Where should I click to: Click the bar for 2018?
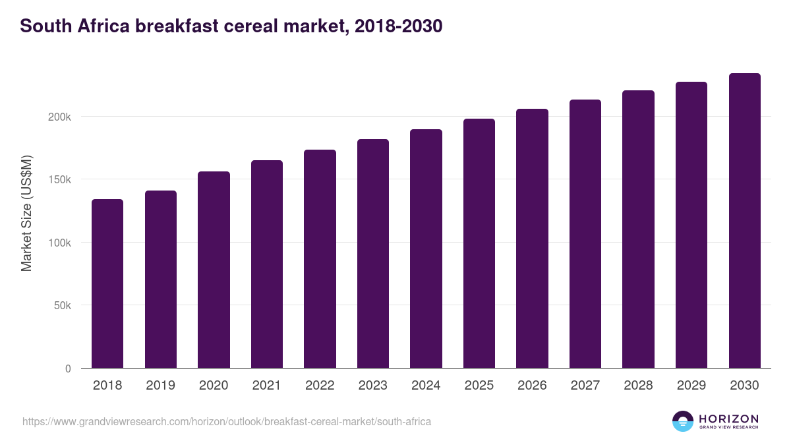[x=107, y=283]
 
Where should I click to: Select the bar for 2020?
[x=214, y=270]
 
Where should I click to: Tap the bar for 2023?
[x=373, y=254]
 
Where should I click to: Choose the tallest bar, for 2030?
[x=744, y=221]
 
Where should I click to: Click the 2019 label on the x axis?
[x=160, y=386]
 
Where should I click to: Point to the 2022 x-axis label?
[x=320, y=386]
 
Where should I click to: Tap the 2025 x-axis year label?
[x=479, y=386]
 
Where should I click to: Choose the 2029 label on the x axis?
[x=691, y=386]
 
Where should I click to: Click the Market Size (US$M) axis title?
[x=27, y=214]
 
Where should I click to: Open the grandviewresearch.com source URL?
[x=227, y=421]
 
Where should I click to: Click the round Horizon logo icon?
[x=683, y=421]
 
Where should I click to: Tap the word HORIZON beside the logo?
[x=728, y=418]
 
